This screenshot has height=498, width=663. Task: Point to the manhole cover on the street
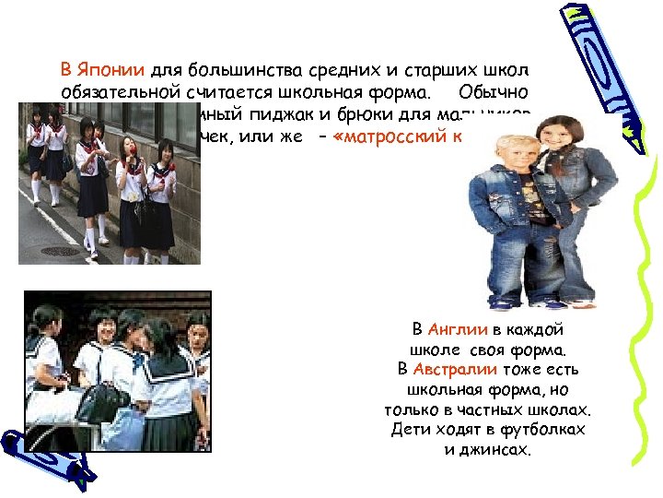61,251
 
